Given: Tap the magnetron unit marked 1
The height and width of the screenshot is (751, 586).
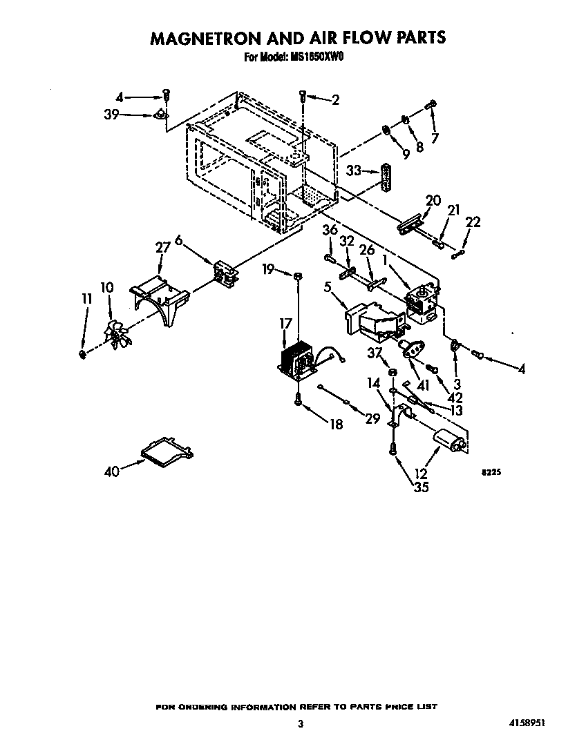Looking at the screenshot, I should (x=422, y=304).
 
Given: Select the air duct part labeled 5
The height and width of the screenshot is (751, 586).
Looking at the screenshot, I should (x=372, y=321).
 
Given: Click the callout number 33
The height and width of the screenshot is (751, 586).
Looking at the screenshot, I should (x=354, y=170).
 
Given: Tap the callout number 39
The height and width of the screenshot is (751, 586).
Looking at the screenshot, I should (x=111, y=115).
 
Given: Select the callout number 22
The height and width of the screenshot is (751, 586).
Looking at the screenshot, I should (x=473, y=222).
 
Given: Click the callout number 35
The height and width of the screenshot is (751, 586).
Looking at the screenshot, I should (x=421, y=487).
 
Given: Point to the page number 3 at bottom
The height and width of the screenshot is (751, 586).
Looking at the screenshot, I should (x=300, y=724).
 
